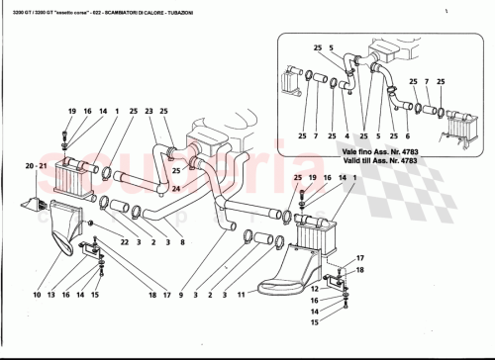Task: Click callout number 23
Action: coord(148,112)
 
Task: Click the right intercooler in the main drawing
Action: coord(322,226)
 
